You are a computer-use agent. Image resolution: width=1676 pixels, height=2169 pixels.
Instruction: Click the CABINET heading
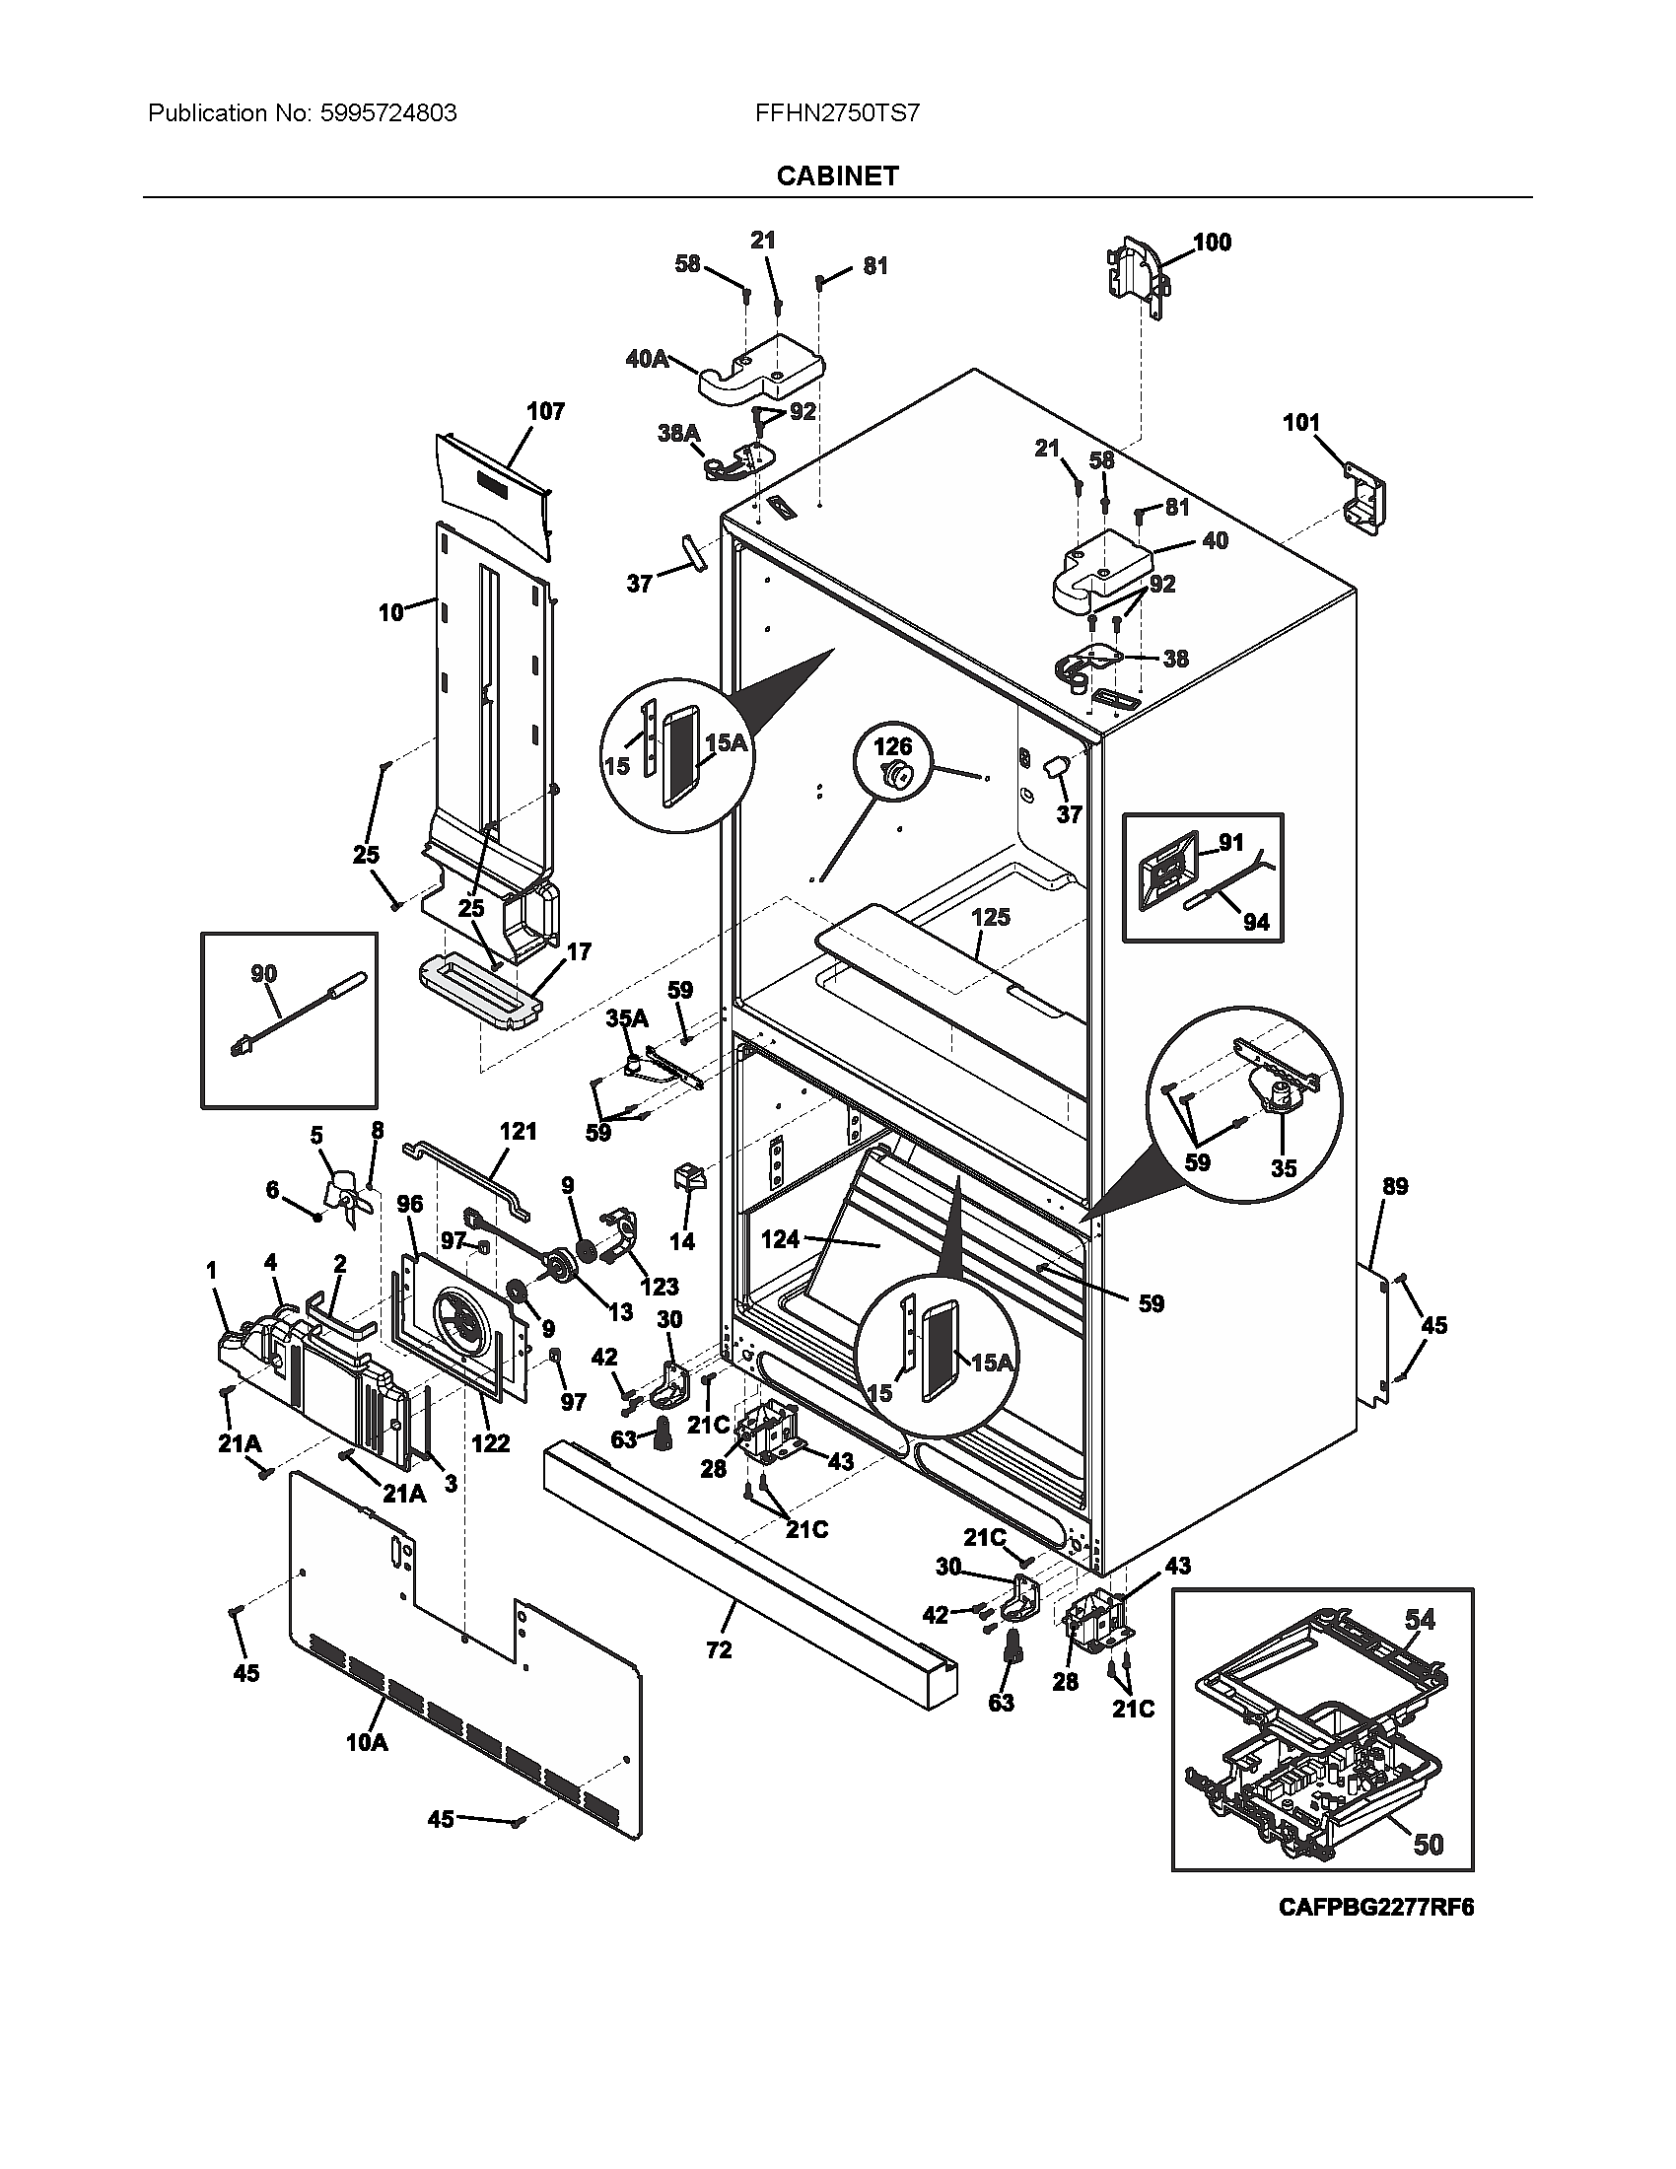pos(837,175)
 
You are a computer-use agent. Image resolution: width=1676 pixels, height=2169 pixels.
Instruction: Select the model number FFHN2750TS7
pos(837,113)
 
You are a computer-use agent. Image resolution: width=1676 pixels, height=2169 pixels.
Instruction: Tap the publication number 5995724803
pos(389,113)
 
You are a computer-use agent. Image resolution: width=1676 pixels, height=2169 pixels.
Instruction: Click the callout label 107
pos(545,411)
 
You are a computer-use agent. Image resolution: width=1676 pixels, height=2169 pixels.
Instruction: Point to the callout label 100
pos(1212,243)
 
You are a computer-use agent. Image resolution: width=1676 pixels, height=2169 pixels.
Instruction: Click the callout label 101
pos(1301,423)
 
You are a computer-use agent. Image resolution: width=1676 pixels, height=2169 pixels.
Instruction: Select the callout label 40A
pos(647,360)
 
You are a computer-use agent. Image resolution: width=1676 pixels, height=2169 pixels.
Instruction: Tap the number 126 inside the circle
pos(892,746)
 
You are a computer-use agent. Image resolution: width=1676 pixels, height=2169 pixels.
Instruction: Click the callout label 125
pos(991,917)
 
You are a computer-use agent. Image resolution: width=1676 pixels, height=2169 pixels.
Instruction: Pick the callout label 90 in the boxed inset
pos(263,974)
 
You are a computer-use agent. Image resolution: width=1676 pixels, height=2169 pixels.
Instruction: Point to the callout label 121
pos(518,1131)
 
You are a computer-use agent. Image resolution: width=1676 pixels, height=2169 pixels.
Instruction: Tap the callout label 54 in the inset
pos(1420,1620)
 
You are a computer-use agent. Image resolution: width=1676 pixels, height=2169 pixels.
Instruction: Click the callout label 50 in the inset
pos(1428,1844)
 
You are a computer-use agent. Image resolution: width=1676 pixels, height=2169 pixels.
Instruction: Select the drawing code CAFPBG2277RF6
pos(1376,1907)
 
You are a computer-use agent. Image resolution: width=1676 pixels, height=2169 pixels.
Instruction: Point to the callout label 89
pos(1395,1187)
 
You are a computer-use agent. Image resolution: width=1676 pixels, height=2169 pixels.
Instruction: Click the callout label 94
pos(1256,922)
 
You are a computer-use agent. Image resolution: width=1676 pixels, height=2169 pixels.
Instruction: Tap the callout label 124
pos(781,1239)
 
